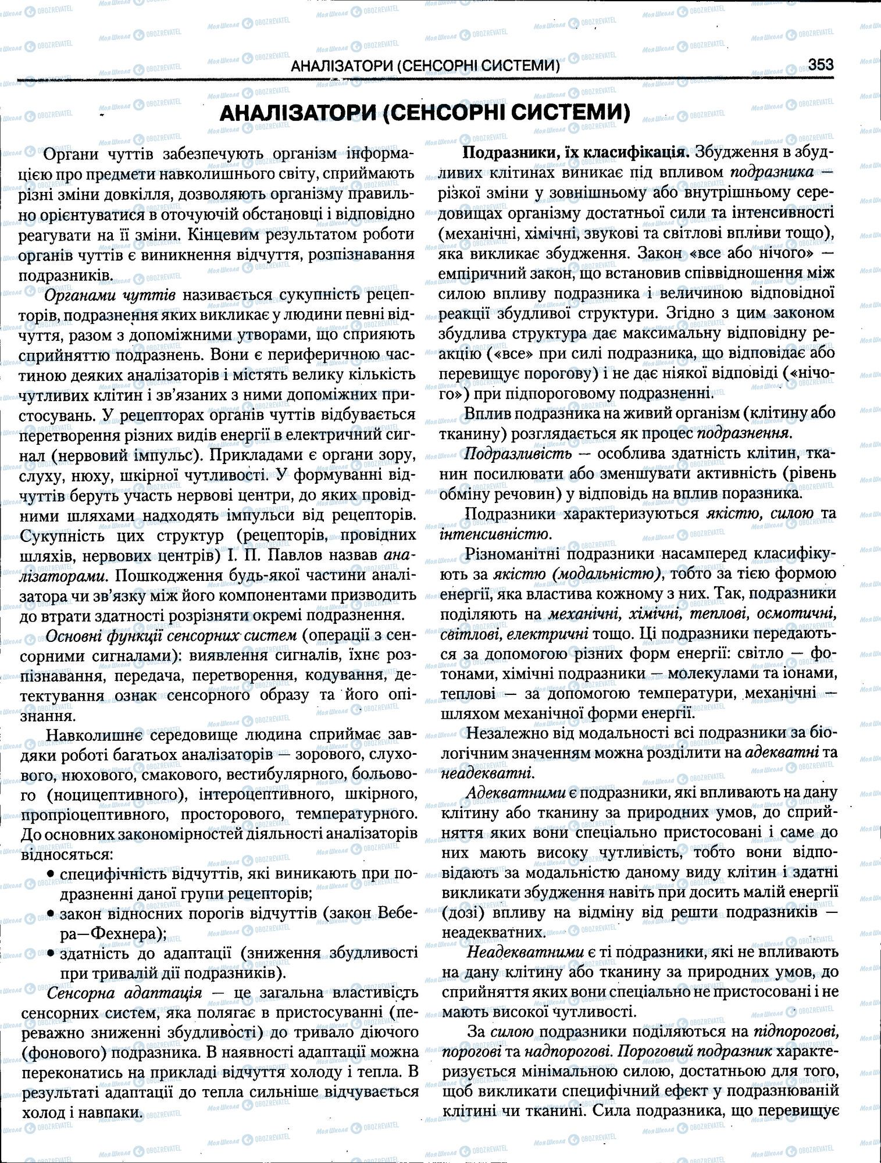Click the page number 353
(x=821, y=64)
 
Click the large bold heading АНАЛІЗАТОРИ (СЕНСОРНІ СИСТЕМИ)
(x=425, y=113)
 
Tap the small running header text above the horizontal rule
(x=425, y=66)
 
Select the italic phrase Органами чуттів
(x=110, y=295)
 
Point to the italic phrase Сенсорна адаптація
(x=124, y=993)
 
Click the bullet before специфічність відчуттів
(x=51, y=874)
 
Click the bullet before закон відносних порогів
(x=51, y=914)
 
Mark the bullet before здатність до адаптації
(x=51, y=954)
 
